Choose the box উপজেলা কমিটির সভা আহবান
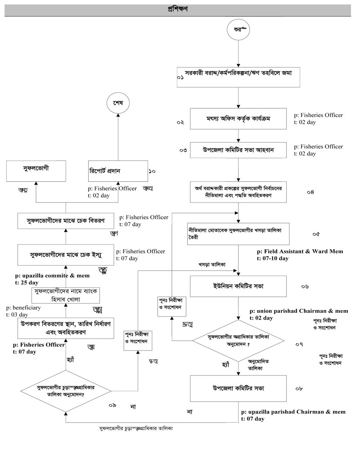click(238, 149)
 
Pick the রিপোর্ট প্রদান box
click(116, 171)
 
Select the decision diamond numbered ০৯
click(66, 390)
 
